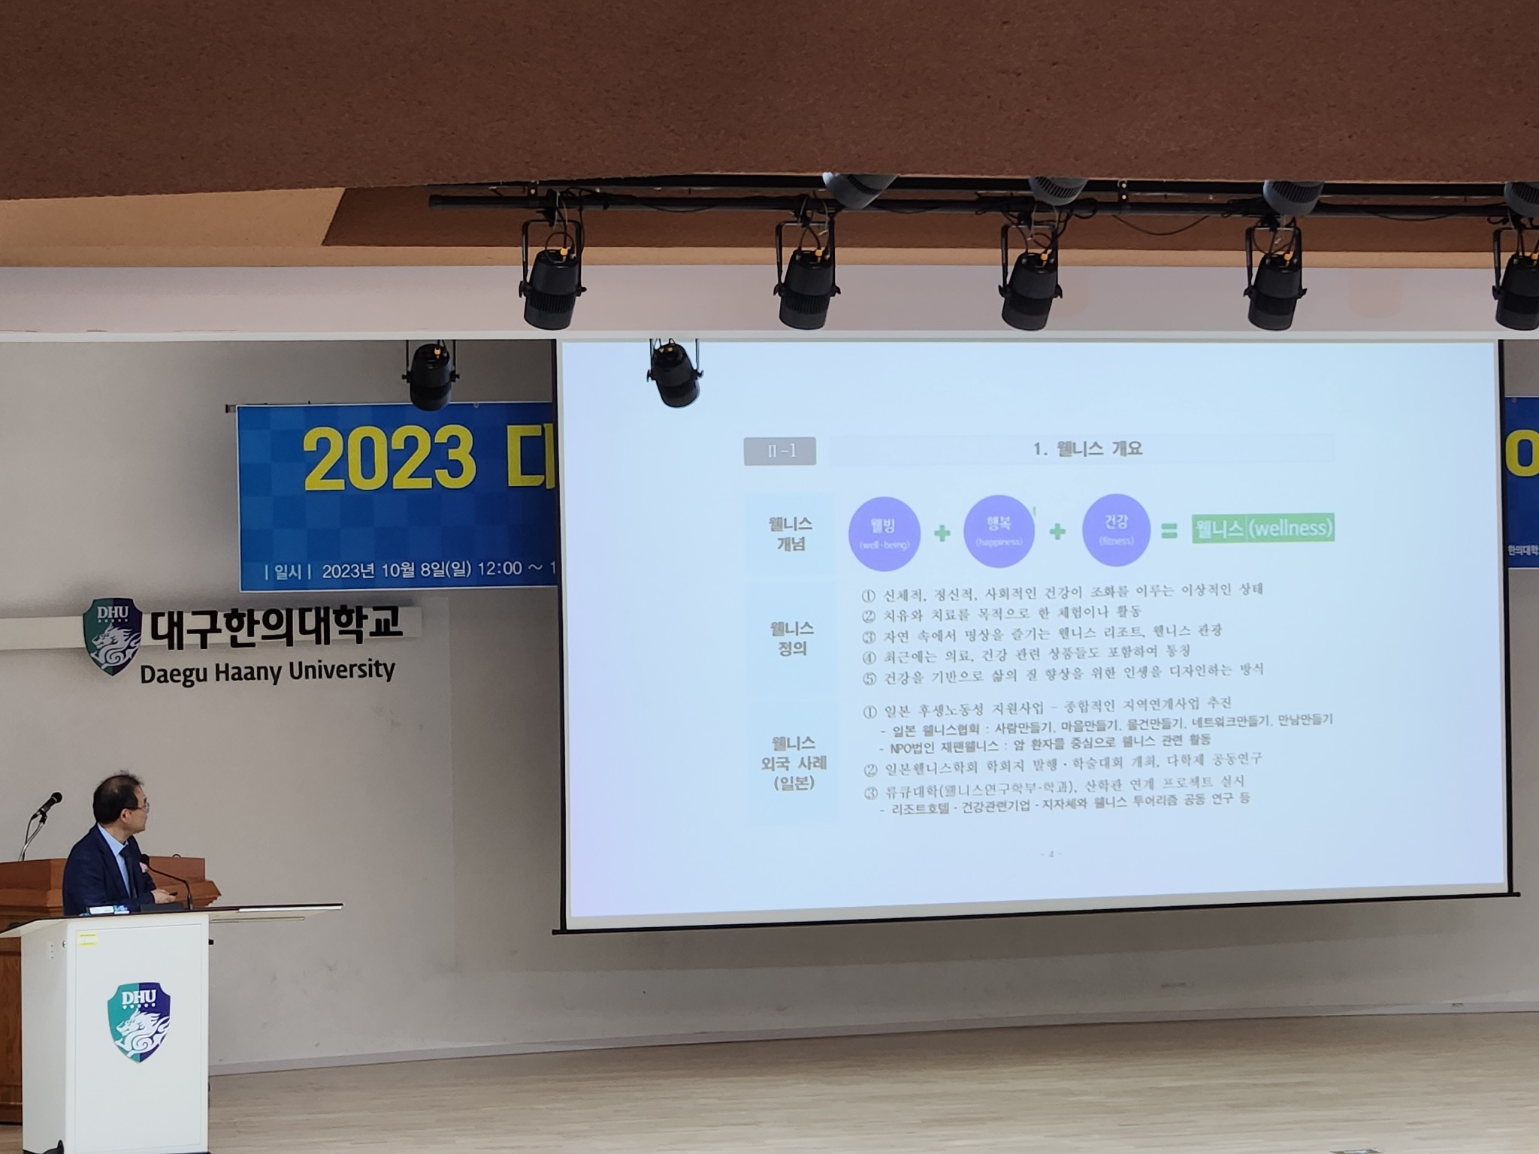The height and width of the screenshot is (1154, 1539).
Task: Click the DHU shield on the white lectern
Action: coord(139,1022)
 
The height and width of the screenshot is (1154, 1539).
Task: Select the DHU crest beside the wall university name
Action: coord(113,636)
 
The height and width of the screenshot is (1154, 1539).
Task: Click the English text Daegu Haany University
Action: coord(268,671)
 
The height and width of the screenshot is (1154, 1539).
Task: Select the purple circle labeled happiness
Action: coord(999,530)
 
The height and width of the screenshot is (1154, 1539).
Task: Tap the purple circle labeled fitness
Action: coord(1116,529)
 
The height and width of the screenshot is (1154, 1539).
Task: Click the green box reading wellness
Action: coord(1262,528)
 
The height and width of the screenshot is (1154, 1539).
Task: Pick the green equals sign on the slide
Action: coord(1169,531)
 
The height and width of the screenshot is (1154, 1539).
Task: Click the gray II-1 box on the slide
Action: coord(780,452)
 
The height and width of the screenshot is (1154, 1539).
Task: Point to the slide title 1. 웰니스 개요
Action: coord(1087,449)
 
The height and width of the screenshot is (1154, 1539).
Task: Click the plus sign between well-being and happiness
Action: coord(942,533)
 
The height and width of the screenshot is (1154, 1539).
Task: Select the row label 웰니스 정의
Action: coord(792,638)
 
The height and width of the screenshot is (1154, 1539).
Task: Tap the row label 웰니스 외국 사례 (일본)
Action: coord(794,763)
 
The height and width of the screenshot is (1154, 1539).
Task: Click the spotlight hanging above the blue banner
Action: coord(431,375)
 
